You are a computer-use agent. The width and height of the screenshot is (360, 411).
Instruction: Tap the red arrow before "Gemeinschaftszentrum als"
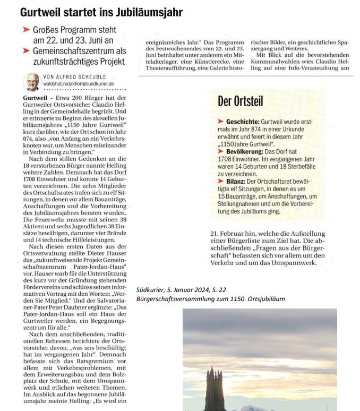click(27, 51)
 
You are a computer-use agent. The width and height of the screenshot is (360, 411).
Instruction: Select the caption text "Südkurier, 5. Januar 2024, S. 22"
click(181, 289)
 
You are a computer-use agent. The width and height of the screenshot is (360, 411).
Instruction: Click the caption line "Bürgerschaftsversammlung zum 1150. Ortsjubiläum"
click(210, 299)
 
